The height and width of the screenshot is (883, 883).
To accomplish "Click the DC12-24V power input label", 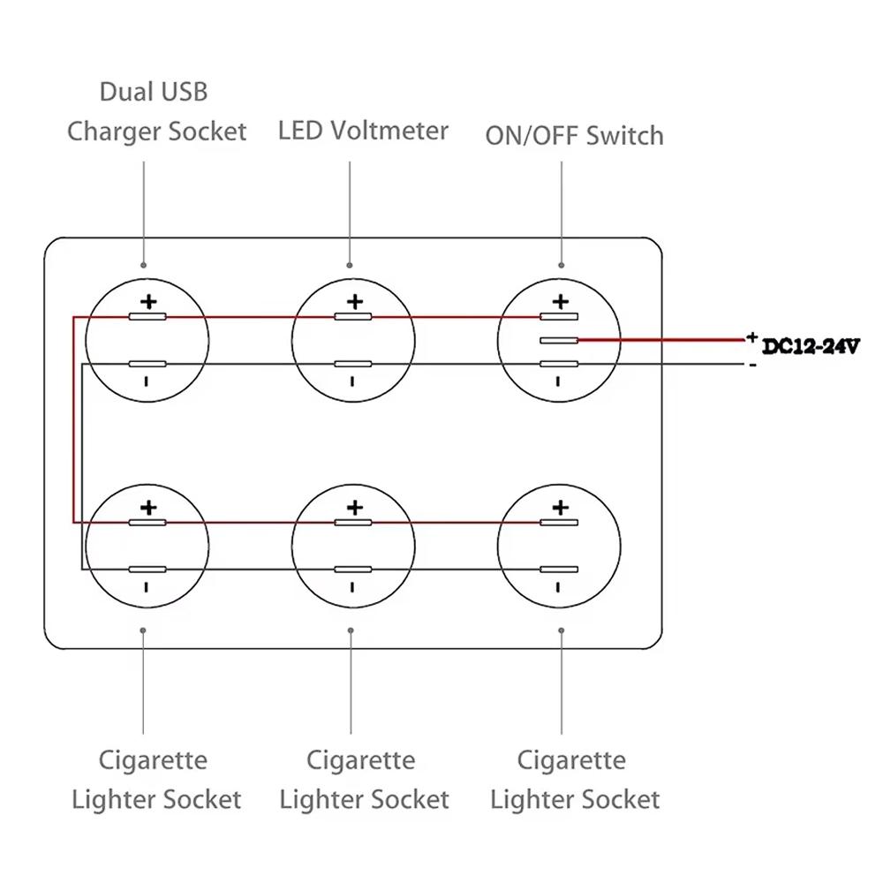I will [811, 347].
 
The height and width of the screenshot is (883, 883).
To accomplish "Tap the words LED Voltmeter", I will [363, 131].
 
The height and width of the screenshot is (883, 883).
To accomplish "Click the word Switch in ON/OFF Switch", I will [624, 136].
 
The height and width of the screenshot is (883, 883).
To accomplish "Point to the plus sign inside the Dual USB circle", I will [148, 302].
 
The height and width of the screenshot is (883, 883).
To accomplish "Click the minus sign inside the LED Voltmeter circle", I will [352, 381].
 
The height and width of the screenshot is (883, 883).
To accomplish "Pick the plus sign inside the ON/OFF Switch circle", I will [560, 302].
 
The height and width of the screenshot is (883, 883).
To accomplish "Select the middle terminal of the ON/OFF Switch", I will [559, 340].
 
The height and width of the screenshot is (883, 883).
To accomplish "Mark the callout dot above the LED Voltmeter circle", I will [350, 264].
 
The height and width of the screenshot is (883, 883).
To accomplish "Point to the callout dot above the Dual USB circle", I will [143, 264].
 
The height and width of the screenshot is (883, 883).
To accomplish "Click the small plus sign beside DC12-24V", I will [751, 336].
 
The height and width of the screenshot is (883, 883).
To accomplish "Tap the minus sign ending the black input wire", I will [752, 366].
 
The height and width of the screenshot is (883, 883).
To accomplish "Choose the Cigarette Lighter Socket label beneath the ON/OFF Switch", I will [574, 780].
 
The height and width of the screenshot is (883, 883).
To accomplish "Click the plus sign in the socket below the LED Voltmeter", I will [354, 508].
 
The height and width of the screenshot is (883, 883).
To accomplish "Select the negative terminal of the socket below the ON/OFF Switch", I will [559, 570].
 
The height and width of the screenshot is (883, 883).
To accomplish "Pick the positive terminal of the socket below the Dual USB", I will [147, 522].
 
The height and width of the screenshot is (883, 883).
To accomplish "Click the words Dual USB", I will [154, 91].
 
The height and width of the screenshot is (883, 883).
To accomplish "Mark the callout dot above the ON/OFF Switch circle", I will [562, 264].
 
